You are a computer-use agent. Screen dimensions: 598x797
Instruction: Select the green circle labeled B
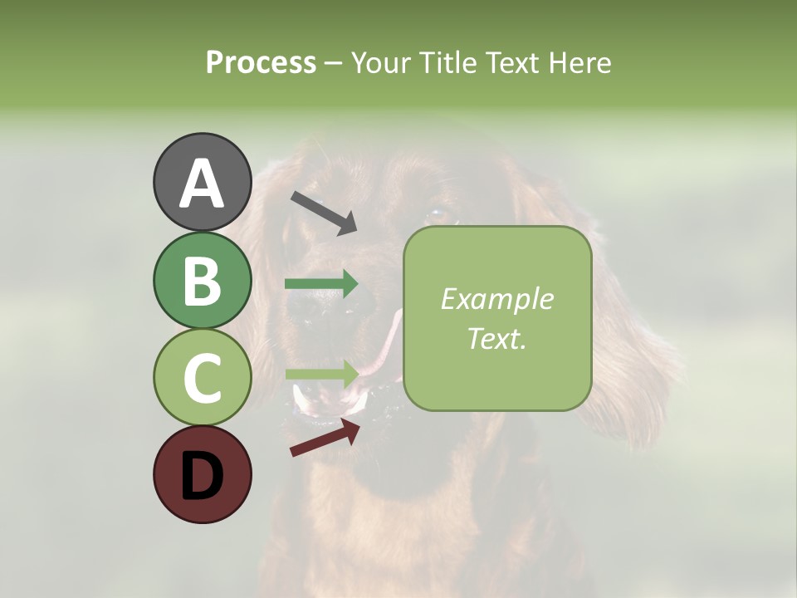(203, 280)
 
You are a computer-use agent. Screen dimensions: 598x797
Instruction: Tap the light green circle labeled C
(203, 377)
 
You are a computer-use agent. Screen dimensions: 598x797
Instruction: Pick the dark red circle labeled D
(203, 474)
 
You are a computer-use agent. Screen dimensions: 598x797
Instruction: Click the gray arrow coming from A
(324, 212)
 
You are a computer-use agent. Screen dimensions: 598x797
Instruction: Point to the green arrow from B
(321, 284)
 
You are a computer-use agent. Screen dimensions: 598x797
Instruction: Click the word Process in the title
(261, 62)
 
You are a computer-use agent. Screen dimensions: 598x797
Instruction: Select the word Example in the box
(496, 299)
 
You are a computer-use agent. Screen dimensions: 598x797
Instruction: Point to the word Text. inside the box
(496, 338)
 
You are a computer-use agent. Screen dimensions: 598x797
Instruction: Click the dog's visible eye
(438, 214)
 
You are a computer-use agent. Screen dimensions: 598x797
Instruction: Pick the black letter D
(203, 477)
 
